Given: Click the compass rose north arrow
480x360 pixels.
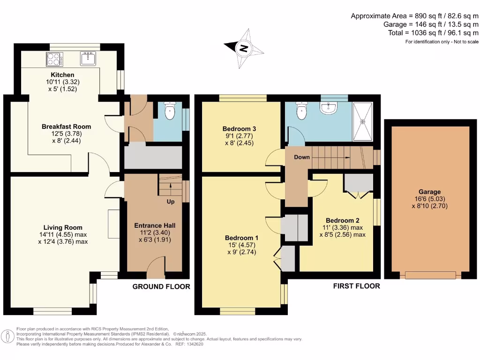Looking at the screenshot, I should coord(243,48).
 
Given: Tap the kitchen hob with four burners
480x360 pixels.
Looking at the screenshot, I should coord(54,60).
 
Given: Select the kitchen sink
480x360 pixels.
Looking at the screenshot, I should coord(88,59).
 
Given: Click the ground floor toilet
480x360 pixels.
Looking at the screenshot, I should coord(171,112).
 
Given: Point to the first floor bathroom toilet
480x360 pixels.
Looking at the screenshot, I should coord(300,111).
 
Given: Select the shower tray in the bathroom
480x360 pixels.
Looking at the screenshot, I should coord(362,121).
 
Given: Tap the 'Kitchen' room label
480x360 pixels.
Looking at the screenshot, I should coord(62,75).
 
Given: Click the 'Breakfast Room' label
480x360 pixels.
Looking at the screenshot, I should coord(66,127).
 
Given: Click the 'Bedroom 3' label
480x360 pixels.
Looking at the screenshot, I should coord(239,128).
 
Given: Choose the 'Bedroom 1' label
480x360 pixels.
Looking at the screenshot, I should coord(240,238).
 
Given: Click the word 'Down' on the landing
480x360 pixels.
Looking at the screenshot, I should coord(302,157).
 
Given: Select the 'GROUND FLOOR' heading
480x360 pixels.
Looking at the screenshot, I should coord(161,286).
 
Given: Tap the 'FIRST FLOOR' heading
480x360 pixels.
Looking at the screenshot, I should coord(356,286).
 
